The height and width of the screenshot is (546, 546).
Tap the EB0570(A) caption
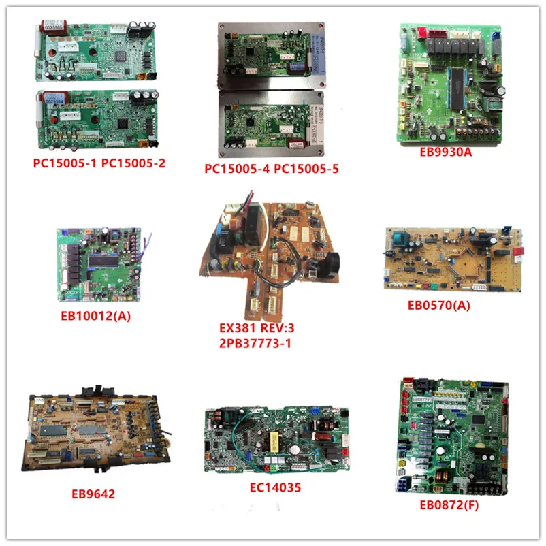pyautogui.click(x=446, y=305)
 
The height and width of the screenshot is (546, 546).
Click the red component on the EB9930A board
pyautogui.click(x=418, y=31)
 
